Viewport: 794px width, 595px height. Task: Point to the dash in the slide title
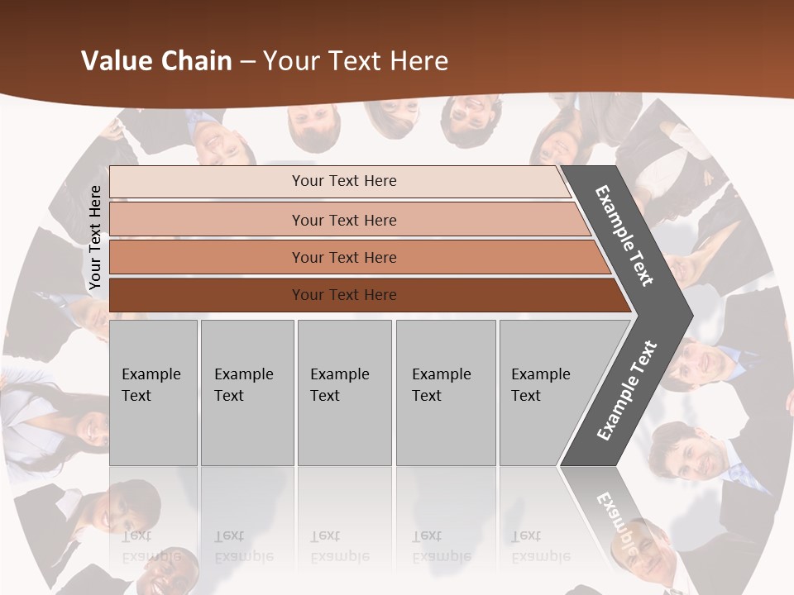click(247, 62)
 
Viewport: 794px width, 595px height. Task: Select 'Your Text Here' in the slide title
click(356, 61)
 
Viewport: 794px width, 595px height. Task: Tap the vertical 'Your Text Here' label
click(95, 238)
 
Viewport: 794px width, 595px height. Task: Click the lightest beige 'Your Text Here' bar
click(343, 181)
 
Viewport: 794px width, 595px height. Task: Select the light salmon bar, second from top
click(343, 220)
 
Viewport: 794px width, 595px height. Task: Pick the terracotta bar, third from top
click(343, 257)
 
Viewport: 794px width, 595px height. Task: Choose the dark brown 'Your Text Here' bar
click(343, 295)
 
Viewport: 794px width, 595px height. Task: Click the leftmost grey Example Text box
click(153, 392)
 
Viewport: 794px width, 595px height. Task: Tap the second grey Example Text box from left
click(246, 392)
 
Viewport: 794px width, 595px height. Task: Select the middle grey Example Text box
click(344, 392)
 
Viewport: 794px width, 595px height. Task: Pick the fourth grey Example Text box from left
click(445, 392)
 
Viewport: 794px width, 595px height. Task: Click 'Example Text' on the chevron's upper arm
click(624, 235)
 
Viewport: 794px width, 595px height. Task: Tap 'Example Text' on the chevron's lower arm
click(626, 391)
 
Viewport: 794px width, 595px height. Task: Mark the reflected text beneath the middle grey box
click(339, 546)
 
